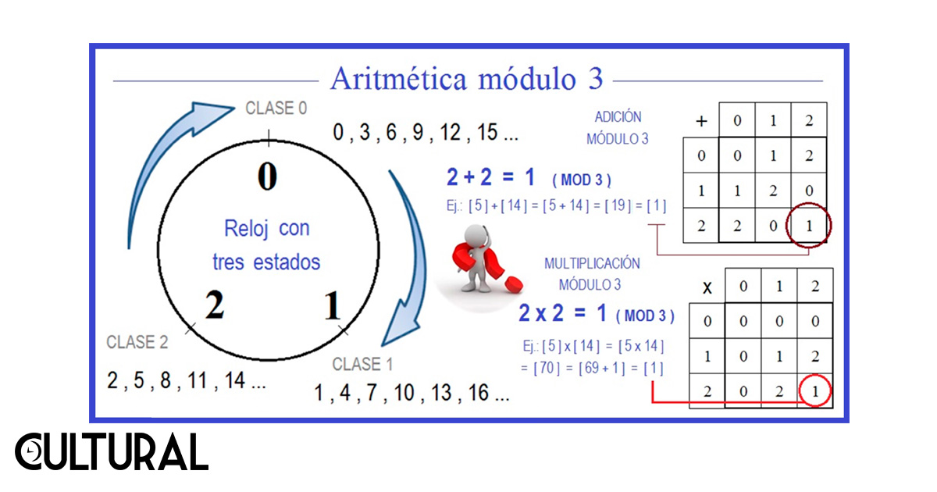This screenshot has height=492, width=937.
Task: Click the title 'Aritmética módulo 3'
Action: pos(466,79)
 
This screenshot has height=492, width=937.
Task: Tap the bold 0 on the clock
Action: pos(267,176)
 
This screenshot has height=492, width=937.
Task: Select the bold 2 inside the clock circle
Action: pos(214,305)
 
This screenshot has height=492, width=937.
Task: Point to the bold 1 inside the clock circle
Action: pos(333,305)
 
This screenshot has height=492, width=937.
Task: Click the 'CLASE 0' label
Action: pos(276,109)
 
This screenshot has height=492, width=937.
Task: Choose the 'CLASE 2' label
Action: pos(137,342)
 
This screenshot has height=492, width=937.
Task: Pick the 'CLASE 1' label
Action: pos(362,364)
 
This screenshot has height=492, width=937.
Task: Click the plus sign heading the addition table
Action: pos(700,121)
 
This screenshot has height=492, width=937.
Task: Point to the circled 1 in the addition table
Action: pos(810,226)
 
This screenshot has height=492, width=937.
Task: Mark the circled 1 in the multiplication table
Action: pos(815,392)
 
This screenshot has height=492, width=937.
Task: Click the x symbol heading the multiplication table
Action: pos(707,287)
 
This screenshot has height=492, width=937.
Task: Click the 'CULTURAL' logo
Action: pos(112,452)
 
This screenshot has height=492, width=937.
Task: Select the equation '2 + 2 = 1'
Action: pos(490,178)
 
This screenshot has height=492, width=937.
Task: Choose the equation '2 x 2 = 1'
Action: pos(562,314)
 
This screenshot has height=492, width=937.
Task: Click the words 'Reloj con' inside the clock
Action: pos(266,229)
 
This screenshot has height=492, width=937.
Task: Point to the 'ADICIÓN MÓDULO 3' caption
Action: pos(617,127)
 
